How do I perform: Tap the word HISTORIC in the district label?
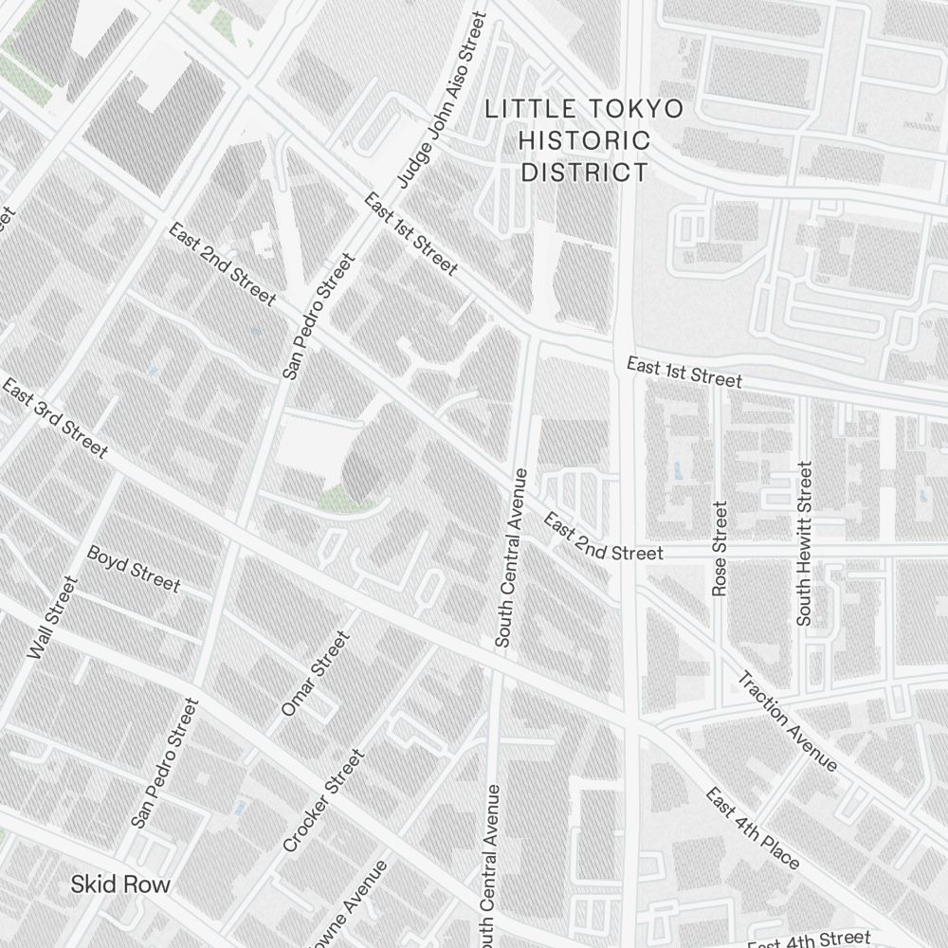tap(585, 140)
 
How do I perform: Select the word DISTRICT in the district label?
tap(585, 172)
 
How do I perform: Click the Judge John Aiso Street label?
tap(441, 100)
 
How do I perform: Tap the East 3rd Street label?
tap(55, 418)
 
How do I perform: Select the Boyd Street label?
tap(133, 568)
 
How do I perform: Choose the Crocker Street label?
tap(323, 800)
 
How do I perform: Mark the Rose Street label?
tap(720, 549)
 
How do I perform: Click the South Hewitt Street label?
tap(804, 543)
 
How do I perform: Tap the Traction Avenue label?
tap(788, 721)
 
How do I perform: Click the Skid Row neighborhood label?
tap(120, 885)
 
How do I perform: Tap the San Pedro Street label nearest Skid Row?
tap(165, 763)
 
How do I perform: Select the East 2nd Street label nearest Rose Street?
tap(601, 538)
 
